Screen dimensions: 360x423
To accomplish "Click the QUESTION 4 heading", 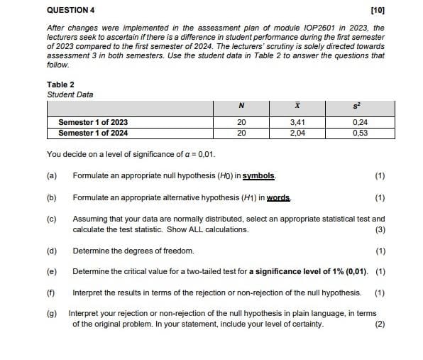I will [70, 11].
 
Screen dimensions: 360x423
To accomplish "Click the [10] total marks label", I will [377, 11].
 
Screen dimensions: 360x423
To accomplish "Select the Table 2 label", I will [60, 84].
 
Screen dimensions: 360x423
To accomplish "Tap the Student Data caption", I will [70, 94].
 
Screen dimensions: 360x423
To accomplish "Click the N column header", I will [241, 108].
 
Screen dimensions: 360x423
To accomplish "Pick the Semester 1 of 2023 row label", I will [93, 122].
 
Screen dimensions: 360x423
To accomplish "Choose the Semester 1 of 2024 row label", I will [93, 132].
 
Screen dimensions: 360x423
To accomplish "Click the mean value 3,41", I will [297, 122].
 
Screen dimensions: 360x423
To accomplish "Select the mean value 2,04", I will [297, 132].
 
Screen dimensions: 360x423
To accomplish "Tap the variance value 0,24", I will [360, 122].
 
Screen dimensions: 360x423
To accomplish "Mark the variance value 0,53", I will [360, 132].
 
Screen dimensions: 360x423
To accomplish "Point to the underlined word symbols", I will [259, 175].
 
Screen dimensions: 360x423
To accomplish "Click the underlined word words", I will [279, 197].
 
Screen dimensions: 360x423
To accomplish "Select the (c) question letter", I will [51, 219].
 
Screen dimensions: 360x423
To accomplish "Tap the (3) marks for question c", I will [380, 229].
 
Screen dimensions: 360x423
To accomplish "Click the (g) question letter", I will [51, 313].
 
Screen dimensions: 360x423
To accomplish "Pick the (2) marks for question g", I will [380, 324].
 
